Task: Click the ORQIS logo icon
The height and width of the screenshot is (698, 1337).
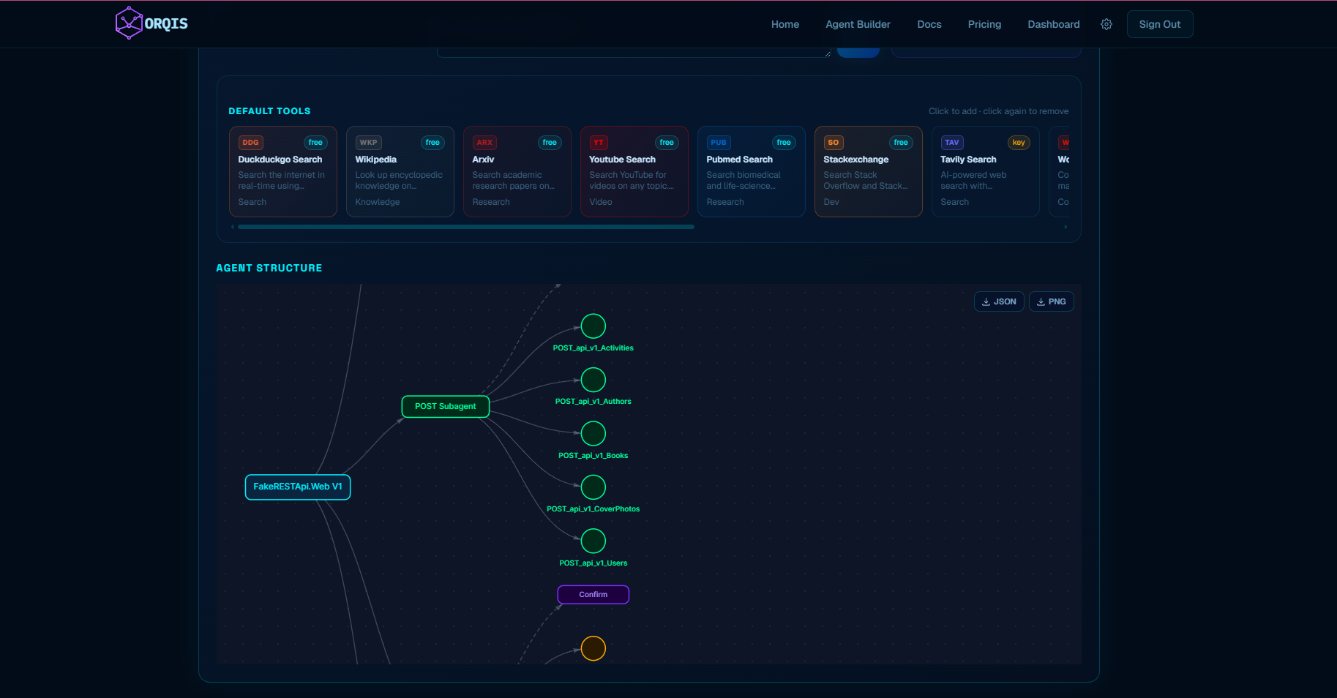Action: pyautogui.click(x=129, y=23)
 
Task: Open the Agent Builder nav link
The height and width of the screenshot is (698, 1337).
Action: pyautogui.click(x=858, y=24)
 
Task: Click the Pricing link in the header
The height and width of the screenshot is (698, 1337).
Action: pyautogui.click(x=984, y=24)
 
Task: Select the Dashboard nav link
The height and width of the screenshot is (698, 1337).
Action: pyautogui.click(x=1053, y=24)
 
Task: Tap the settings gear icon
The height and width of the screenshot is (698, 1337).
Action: pyautogui.click(x=1106, y=24)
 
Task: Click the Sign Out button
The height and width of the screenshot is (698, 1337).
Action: pyautogui.click(x=1159, y=24)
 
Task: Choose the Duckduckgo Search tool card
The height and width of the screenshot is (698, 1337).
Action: pyautogui.click(x=282, y=172)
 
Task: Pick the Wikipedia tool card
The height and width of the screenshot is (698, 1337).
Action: pyautogui.click(x=400, y=172)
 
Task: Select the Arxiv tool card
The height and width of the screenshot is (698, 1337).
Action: pyautogui.click(x=517, y=172)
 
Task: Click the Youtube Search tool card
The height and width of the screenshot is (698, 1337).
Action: pyautogui.click(x=634, y=172)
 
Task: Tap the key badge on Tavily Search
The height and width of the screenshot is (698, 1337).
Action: pyautogui.click(x=1018, y=143)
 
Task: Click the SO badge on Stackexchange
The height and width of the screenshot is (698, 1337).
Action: pyautogui.click(x=834, y=143)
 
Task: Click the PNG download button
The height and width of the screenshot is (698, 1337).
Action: pyautogui.click(x=1051, y=301)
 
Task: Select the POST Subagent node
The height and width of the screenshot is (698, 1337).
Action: pyautogui.click(x=445, y=407)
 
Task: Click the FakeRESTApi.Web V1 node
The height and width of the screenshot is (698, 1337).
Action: pyautogui.click(x=297, y=487)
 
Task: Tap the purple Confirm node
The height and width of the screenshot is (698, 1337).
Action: pyautogui.click(x=593, y=595)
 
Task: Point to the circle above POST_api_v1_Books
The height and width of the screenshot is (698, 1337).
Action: pyautogui.click(x=593, y=433)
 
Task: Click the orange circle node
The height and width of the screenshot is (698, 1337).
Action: pyautogui.click(x=593, y=648)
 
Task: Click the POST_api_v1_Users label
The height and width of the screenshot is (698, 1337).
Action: pyautogui.click(x=593, y=563)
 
